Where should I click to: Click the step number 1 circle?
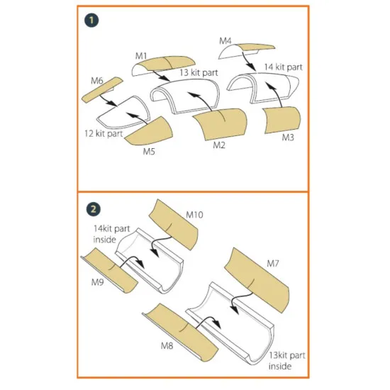[91, 20]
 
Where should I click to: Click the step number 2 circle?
[94, 209]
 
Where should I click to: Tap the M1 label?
[141, 56]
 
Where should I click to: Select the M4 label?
[225, 41]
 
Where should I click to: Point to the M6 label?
[97, 81]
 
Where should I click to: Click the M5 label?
[149, 151]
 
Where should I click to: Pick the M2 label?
[219, 145]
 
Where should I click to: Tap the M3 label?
[288, 137]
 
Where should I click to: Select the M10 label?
[194, 215]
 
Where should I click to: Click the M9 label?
[98, 282]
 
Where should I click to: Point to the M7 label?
[273, 263]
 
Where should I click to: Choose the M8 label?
[167, 345]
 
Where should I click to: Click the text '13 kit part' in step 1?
[199, 72]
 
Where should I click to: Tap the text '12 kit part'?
[104, 133]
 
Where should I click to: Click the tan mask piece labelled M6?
[102, 90]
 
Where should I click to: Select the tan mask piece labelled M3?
[282, 120]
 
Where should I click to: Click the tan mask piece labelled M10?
[174, 224]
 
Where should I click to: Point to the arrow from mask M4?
[249, 61]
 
